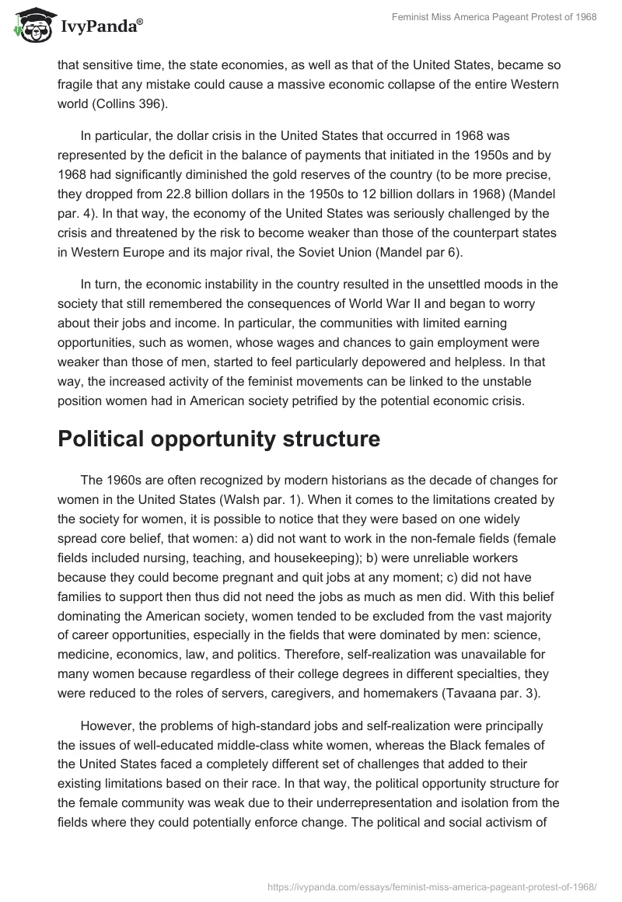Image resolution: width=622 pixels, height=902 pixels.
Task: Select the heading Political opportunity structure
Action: [x=218, y=439]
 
